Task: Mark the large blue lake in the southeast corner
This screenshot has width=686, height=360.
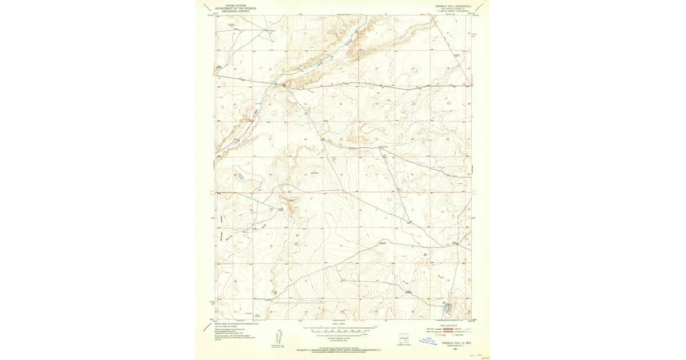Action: click(x=445, y=309)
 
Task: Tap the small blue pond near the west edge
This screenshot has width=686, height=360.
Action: click(x=241, y=177)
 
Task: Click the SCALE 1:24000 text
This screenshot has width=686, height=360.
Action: click(x=341, y=325)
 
